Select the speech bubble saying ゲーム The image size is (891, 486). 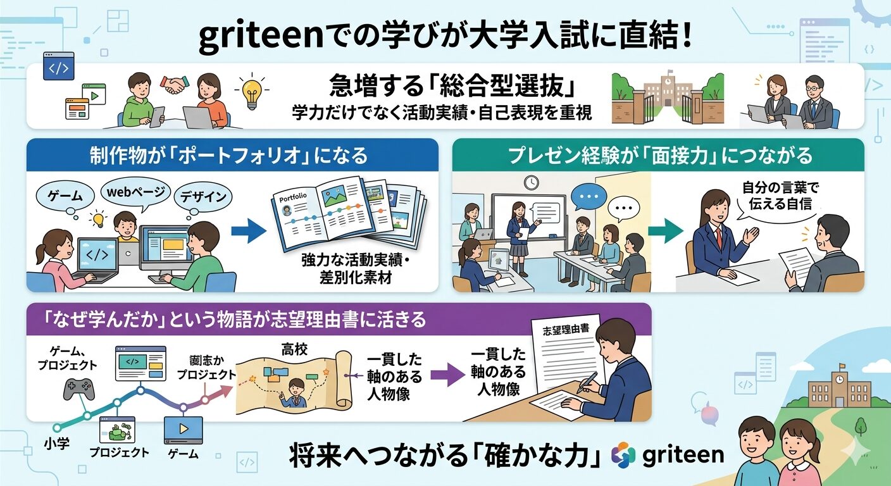coord(66,195)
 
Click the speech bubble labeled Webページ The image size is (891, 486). coord(135,190)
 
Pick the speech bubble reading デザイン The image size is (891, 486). coord(202,197)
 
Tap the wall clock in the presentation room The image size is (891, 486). coord(531,182)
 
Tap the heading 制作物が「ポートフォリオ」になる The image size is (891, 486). coord(232,155)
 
